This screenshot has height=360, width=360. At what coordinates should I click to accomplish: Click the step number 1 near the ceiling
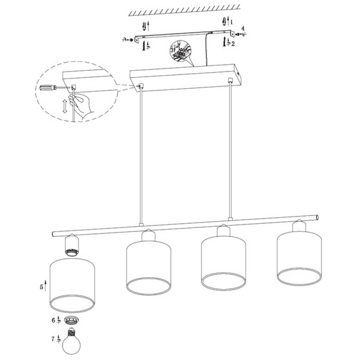[232, 22]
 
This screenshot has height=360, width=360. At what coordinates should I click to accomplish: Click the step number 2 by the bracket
[233, 43]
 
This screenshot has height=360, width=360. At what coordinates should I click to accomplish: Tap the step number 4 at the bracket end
[243, 29]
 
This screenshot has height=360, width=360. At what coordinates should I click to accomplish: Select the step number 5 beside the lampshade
[41, 287]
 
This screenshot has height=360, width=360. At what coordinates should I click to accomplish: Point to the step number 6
[53, 320]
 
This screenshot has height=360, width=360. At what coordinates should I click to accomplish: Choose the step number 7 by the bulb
[53, 339]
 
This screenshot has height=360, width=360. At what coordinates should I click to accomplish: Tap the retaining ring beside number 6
[71, 320]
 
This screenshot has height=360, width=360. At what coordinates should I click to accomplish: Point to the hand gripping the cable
[80, 104]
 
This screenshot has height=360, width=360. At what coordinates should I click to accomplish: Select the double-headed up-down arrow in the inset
[65, 106]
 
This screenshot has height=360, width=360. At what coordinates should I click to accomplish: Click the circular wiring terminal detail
[180, 52]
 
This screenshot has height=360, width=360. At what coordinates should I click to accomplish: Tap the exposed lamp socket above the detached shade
[71, 245]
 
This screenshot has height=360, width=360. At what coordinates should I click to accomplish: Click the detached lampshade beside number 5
[72, 285]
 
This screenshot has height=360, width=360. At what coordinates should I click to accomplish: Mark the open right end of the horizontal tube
[317, 217]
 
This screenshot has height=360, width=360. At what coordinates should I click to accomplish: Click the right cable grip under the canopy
[229, 80]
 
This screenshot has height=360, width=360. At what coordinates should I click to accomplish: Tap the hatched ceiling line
[184, 10]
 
